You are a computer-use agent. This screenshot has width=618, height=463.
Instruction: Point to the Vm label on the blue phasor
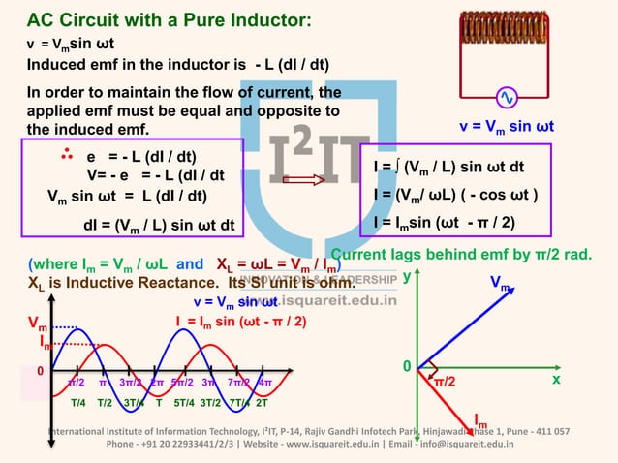coord(500,286)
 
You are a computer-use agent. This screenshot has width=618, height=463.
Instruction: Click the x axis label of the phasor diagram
coord(556,381)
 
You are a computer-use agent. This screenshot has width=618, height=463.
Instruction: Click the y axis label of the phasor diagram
coord(406,277)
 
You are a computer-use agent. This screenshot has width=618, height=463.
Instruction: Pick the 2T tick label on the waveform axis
coord(262,403)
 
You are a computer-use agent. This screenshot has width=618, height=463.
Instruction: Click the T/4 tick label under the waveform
coord(78,403)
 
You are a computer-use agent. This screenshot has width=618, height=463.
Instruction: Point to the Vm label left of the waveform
coord(36,326)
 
